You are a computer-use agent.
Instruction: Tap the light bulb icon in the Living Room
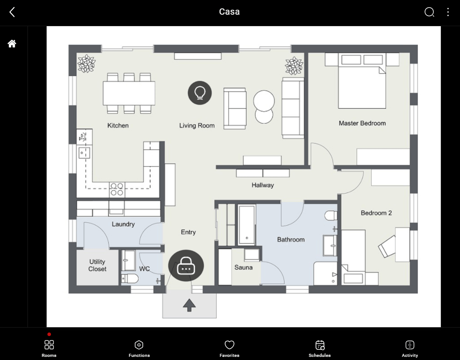[199, 93]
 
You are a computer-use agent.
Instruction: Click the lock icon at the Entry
[186, 266]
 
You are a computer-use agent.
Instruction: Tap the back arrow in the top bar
[12, 12]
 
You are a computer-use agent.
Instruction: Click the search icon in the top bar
[429, 12]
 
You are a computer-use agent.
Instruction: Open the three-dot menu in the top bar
[448, 12]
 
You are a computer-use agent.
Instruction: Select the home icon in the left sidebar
[12, 43]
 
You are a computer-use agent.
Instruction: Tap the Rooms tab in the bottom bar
[49, 348]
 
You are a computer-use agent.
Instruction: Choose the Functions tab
[139, 348]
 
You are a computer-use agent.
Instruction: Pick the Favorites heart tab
[229, 348]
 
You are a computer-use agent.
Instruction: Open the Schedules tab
[320, 348]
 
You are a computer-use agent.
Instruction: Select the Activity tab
[409, 348]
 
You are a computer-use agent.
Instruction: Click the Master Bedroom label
[362, 123]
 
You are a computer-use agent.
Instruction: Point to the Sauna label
[243, 267]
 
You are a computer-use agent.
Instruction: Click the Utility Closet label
[97, 265]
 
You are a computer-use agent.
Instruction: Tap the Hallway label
[262, 185]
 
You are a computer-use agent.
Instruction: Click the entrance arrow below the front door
[189, 305]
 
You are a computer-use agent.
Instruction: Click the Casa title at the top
[229, 12]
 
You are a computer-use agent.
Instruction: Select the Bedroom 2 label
[376, 213]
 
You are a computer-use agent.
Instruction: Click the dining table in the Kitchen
[129, 93]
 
